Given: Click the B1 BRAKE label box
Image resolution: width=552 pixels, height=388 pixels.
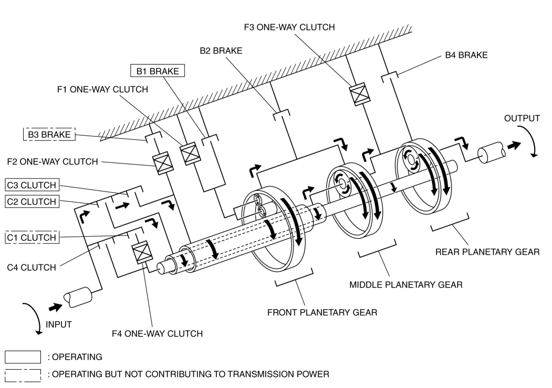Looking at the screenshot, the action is click(158, 71).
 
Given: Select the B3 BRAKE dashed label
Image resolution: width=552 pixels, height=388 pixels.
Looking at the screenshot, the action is click(49, 134).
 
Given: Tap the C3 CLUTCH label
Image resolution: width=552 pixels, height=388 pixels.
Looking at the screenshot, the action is click(32, 185).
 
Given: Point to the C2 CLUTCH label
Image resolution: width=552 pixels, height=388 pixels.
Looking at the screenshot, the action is click(32, 201).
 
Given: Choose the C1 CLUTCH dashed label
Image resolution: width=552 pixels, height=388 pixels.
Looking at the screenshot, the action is click(32, 237).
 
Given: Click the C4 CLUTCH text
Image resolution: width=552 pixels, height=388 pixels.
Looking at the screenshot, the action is click(32, 268).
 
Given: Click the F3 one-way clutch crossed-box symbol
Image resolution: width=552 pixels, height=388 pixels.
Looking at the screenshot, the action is click(359, 94).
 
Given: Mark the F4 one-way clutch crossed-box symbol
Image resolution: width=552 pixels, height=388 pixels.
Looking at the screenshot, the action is click(142, 252).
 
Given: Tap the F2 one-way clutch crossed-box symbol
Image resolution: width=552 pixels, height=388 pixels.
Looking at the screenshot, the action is click(163, 163).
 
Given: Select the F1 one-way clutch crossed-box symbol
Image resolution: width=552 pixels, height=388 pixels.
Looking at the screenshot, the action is click(190, 154).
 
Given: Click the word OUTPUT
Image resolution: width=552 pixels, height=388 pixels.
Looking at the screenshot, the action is click(522, 118).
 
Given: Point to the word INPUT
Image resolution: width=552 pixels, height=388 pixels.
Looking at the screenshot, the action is click(59, 324).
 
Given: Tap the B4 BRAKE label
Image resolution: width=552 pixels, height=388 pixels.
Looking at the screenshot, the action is click(466, 55).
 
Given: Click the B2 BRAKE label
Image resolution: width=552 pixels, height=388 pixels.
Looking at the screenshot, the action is click(221, 51).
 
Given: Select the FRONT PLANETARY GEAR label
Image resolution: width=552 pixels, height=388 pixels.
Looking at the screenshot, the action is click(322, 313).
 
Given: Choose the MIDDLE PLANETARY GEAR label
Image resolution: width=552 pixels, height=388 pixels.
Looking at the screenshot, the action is click(406, 285).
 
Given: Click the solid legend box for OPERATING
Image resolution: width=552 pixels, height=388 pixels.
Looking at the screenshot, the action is click(23, 357).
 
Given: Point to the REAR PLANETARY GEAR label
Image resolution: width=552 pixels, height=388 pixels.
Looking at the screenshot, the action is click(487, 252).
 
